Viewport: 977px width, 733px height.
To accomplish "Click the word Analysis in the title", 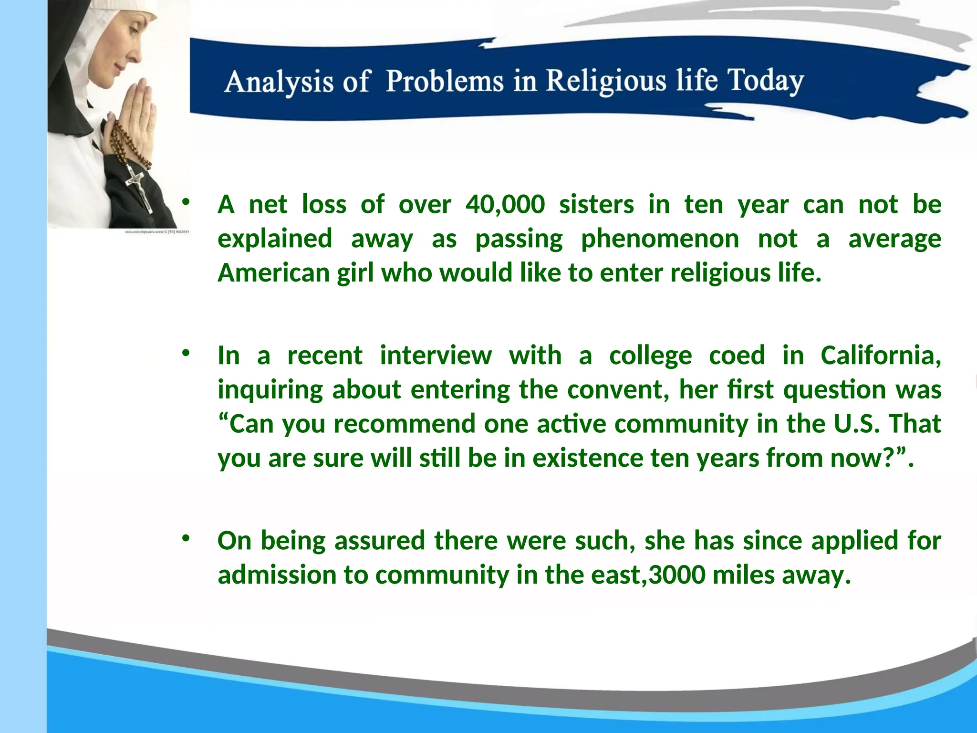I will [279, 82].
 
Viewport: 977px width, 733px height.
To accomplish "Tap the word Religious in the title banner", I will [606, 81].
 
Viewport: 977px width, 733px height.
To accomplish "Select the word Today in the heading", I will [765, 81].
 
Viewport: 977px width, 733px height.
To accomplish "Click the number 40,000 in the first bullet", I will [505, 205].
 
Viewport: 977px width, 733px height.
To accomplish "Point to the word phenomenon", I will [660, 239].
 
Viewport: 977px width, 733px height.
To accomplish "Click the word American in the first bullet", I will [274, 273].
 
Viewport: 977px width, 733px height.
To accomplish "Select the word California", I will [881, 356].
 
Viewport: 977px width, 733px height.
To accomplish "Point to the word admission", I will [277, 575].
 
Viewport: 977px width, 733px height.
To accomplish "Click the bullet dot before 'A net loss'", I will [186, 202].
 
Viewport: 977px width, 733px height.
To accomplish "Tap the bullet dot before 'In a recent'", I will [186, 353].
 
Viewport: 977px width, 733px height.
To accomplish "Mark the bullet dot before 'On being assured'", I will [186, 538].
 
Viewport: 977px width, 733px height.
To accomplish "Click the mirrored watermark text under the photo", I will [157, 232].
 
